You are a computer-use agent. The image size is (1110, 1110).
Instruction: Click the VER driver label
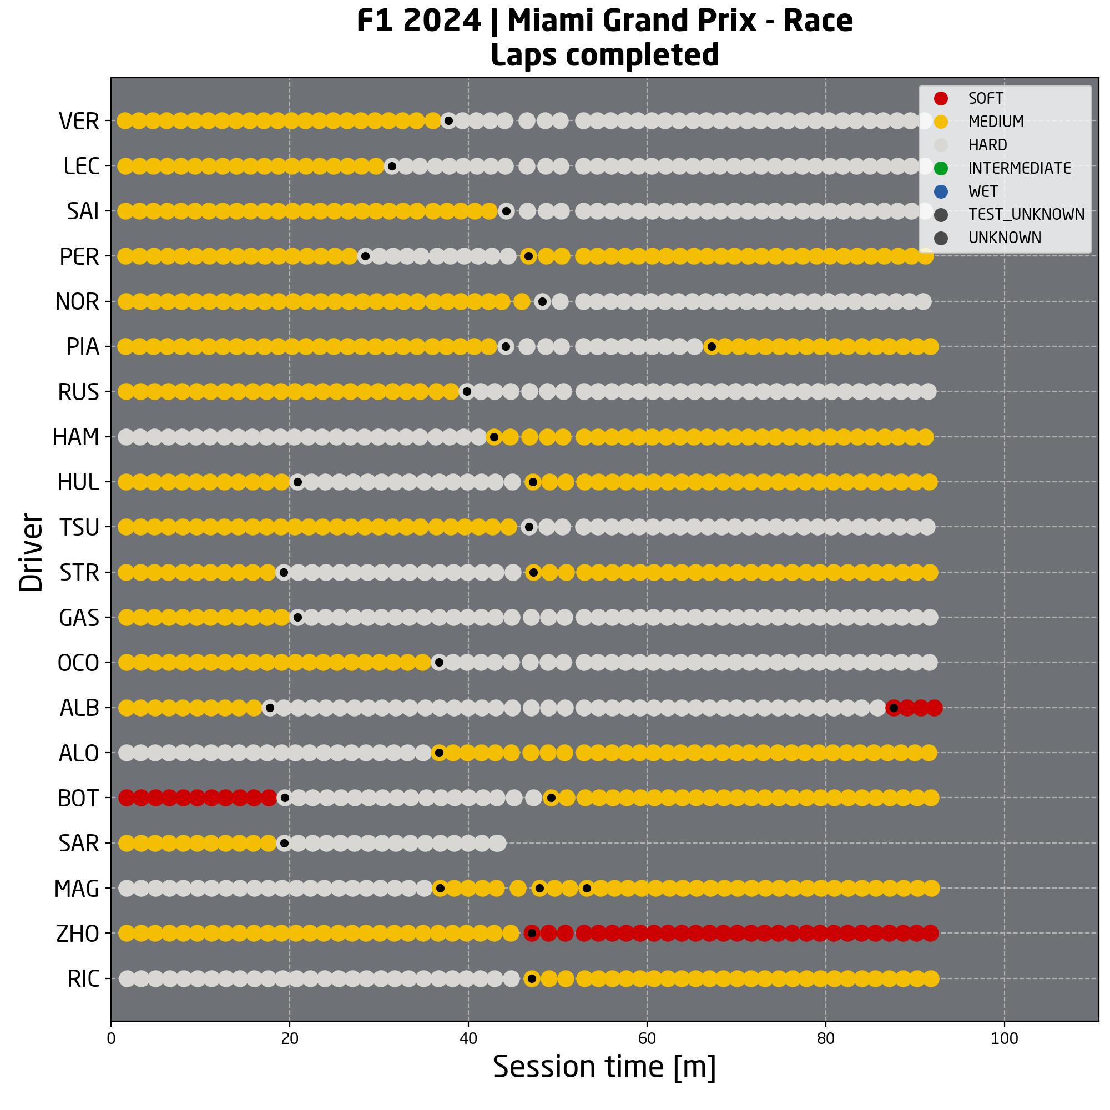[79, 121]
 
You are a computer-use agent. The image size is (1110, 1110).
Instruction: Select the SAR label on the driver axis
[79, 844]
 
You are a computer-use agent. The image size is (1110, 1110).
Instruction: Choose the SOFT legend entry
[986, 98]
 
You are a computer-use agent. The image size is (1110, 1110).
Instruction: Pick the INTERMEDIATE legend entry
[1019, 168]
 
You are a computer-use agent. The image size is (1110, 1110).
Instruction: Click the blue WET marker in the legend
[941, 191]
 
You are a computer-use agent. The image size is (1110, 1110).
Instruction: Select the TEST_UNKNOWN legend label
[1026, 214]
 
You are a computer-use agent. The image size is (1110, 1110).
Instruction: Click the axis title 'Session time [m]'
[604, 1067]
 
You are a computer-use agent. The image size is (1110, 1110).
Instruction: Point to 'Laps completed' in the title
[604, 55]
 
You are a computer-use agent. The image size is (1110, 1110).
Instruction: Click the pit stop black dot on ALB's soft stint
[894, 708]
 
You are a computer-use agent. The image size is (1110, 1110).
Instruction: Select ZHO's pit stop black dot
[532, 933]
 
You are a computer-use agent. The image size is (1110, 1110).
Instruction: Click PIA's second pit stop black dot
[712, 346]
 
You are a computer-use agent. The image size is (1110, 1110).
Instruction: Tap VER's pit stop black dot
[448, 120]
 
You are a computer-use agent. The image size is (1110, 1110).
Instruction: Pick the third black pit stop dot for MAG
[587, 888]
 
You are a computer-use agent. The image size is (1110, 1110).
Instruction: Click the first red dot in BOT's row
[126, 798]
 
